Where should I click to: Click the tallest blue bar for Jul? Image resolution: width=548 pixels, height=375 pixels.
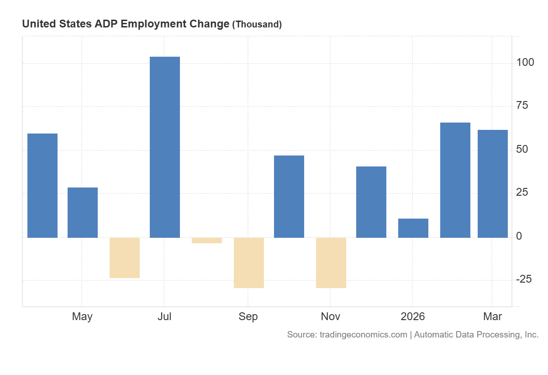pos(164,147)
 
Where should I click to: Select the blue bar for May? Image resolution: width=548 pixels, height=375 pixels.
pos(82,212)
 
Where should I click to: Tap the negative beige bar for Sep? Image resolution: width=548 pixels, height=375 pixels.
pos(249,262)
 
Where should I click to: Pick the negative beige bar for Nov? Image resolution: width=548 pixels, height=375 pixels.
pos(331,262)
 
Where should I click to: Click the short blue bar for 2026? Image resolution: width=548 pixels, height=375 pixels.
pos(413,228)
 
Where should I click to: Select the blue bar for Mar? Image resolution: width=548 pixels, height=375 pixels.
pos(492,184)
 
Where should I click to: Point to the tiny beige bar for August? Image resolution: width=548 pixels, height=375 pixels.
pos(207,241)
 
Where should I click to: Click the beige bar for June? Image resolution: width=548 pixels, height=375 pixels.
pos(125,257)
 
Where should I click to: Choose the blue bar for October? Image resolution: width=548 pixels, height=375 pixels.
pos(289,197)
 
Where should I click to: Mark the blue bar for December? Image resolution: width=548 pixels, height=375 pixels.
pos(371,202)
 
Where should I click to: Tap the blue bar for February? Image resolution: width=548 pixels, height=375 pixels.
pos(455,180)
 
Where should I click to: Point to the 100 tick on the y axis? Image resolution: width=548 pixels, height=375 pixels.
pos(525,62)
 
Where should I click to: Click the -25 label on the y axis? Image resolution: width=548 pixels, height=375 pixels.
pos(523,279)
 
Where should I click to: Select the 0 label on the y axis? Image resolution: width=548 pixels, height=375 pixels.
pos(519,236)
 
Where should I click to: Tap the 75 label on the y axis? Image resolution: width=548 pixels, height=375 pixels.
pos(522,106)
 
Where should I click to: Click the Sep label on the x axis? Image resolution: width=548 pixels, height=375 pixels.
pos(248,316)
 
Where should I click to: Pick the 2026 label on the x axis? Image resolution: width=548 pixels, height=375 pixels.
pos(412,316)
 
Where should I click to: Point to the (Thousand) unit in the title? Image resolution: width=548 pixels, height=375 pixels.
pos(257,25)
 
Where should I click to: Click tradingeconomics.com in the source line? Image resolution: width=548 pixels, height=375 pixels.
pos(362,335)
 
